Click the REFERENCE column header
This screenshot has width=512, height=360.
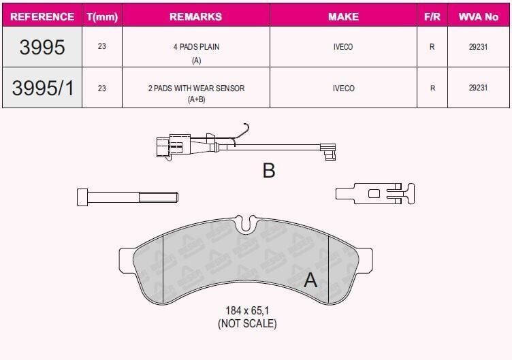coord(42,16)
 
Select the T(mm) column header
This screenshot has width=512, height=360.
coord(102,16)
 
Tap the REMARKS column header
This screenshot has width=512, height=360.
coord(196,16)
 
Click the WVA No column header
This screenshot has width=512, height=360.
coord(479,16)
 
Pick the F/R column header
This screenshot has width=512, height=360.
coord(432,16)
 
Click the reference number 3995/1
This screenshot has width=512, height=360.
coord(43,88)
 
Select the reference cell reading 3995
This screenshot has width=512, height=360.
coord(42,47)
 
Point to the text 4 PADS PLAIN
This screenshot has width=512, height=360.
coord(196,47)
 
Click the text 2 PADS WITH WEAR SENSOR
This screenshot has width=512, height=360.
coord(196,88)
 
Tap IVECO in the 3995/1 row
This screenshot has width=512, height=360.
coord(344,88)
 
